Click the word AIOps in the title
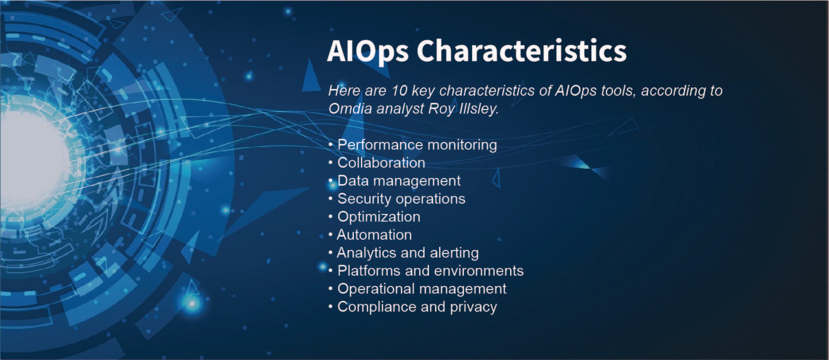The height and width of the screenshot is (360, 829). [368, 51]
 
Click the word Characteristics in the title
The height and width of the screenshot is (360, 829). [521, 50]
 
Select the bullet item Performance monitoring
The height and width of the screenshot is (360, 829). [417, 145]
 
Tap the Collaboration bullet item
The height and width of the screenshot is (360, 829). [381, 163]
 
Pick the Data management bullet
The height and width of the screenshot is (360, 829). [399, 181]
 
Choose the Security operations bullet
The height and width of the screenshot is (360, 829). [401, 199]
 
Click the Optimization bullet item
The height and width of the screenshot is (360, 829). [379, 217]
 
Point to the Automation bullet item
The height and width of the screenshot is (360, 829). [374, 235]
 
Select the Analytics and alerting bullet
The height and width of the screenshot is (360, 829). [407, 253]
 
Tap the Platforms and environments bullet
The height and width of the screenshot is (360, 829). [430, 271]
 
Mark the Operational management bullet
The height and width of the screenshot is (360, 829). [422, 289]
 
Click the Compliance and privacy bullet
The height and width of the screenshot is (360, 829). [417, 307]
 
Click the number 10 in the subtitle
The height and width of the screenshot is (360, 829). [399, 91]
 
